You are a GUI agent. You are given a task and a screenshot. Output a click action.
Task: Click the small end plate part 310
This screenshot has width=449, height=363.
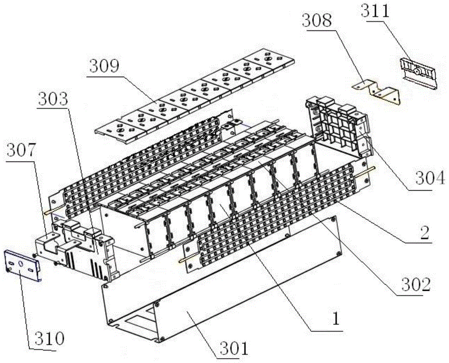22,265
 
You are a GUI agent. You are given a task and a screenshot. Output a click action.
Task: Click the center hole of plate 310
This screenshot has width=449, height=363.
20,262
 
